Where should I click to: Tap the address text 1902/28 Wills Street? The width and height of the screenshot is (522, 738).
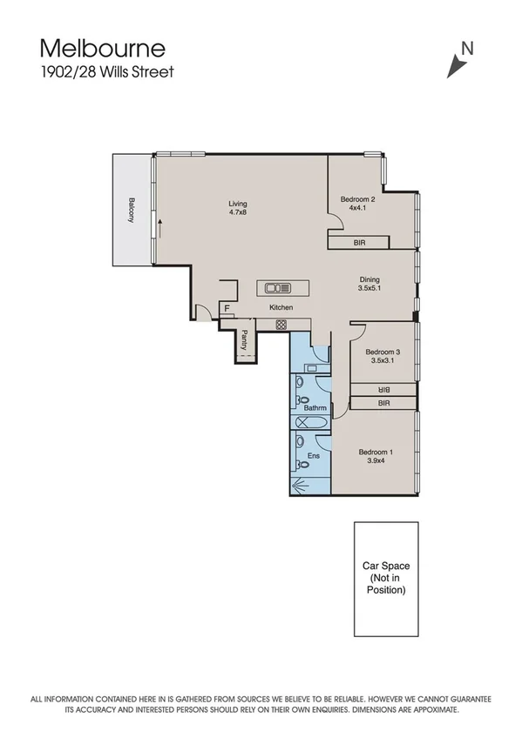(x=105, y=72)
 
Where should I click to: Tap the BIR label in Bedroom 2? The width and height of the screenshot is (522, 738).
(x=359, y=245)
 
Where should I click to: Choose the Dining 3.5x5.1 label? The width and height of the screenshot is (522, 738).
(x=369, y=284)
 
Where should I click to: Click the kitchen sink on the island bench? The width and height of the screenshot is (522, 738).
(x=278, y=288)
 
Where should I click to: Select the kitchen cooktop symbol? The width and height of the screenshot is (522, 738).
(x=281, y=325)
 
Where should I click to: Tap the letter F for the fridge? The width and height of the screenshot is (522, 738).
(x=227, y=308)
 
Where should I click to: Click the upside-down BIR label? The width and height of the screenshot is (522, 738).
(x=383, y=390)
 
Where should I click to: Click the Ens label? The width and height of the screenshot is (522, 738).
(x=312, y=456)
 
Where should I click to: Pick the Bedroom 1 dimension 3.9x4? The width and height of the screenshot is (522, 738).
(x=376, y=461)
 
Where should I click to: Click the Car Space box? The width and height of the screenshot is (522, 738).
(x=385, y=579)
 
